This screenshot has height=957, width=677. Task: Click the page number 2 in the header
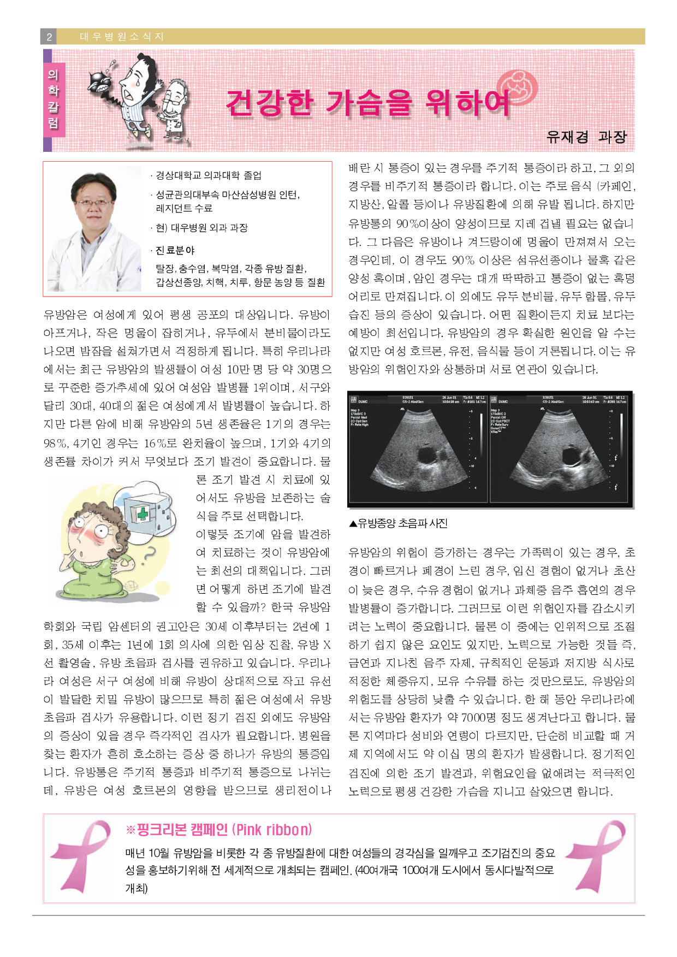click(49, 37)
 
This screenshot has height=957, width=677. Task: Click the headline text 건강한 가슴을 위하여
click(367, 102)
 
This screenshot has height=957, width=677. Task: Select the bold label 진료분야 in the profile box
click(175, 250)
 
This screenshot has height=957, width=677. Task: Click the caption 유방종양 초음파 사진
click(398, 523)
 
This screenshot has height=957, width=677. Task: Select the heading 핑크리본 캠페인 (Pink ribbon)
click(219, 830)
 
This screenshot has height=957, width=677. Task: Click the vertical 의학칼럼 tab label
click(53, 98)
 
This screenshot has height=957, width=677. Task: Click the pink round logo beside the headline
click(518, 87)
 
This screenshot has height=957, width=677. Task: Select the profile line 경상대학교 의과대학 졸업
click(208, 175)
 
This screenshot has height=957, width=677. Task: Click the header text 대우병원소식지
click(122, 37)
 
